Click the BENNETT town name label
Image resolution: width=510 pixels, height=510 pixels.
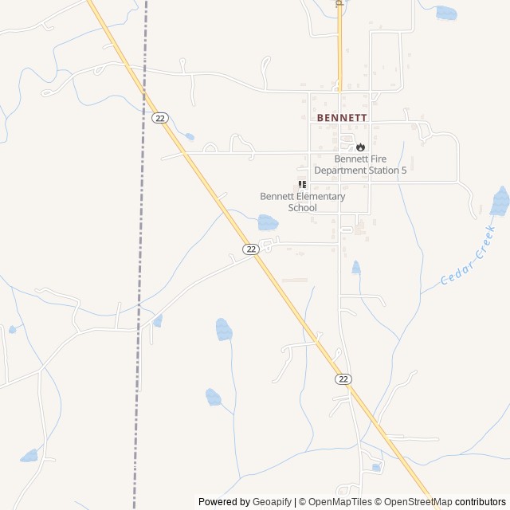[x=342, y=117]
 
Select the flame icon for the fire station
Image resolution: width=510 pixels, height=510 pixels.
[x=360, y=147]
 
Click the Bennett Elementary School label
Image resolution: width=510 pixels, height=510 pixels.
[x=303, y=202]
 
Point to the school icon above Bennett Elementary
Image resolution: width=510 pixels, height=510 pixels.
[x=302, y=184]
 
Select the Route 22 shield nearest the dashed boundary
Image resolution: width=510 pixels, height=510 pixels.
[x=160, y=118]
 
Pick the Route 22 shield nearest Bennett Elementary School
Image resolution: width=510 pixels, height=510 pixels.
[x=251, y=249]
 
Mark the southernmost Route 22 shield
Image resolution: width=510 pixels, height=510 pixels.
[x=343, y=379]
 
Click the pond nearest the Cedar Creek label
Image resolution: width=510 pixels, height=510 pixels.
[x=500, y=201]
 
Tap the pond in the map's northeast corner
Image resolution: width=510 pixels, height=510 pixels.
[x=446, y=13]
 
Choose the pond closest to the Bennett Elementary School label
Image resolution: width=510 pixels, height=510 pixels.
[x=268, y=222]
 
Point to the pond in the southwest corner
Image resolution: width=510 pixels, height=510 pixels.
[x=29, y=456]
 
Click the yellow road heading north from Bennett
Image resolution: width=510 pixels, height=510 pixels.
[x=339, y=48]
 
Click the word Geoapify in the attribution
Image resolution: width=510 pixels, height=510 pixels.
[x=272, y=502]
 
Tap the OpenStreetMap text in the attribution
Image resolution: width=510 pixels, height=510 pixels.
[x=414, y=502]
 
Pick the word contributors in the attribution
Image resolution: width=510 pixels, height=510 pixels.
[x=481, y=502]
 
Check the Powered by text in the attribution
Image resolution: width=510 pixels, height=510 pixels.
[x=224, y=502]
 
